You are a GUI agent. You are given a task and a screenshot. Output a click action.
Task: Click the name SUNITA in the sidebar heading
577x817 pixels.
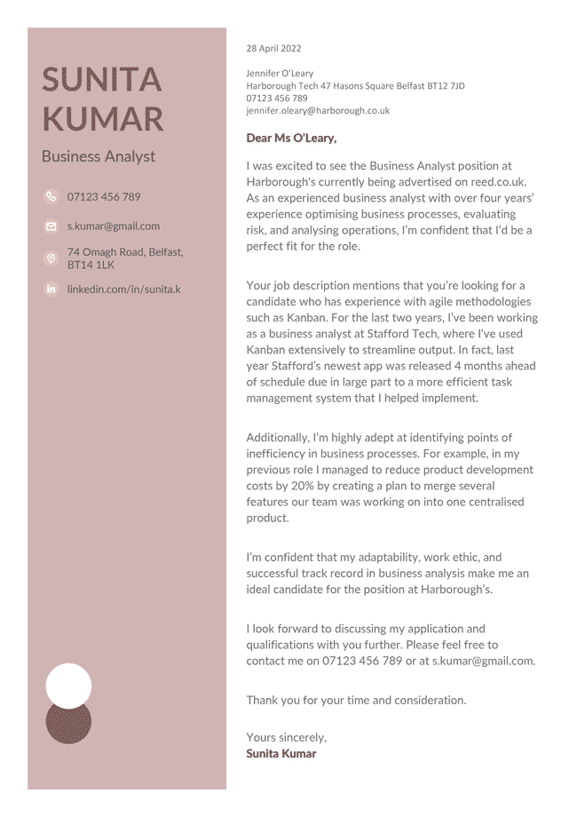[x=102, y=80]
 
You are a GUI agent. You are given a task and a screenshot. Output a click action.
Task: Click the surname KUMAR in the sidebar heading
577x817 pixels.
[x=103, y=119]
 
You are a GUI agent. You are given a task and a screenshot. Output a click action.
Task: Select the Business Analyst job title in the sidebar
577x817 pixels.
[x=99, y=156]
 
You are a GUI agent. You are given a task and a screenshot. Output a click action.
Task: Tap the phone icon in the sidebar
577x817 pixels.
[x=51, y=197]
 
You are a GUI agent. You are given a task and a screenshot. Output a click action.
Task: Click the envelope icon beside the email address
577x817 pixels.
[x=51, y=227]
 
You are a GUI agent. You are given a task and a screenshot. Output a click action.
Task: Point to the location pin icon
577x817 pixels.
[x=51, y=258]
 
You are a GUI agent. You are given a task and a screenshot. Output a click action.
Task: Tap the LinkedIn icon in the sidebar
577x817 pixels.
[x=51, y=290]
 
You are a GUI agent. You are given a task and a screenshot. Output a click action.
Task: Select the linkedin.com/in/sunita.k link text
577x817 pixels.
[x=123, y=290]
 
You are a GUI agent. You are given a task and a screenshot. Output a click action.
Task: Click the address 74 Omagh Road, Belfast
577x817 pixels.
[x=125, y=252]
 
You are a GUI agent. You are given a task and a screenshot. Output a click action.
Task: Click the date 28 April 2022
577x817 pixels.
[x=273, y=49]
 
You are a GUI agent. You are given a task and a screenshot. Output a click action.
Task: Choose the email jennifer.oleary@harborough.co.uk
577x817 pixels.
[x=318, y=111]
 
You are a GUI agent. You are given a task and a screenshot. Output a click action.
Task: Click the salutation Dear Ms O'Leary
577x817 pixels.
[x=291, y=138]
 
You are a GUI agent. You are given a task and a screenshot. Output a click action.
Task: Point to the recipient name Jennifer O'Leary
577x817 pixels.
[x=280, y=74]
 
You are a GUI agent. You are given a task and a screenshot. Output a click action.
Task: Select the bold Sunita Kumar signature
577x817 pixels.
[x=281, y=754]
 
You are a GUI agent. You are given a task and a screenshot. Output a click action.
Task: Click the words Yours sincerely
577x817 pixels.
[x=286, y=738]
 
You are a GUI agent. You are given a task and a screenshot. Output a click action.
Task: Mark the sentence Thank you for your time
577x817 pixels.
[x=355, y=701]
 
